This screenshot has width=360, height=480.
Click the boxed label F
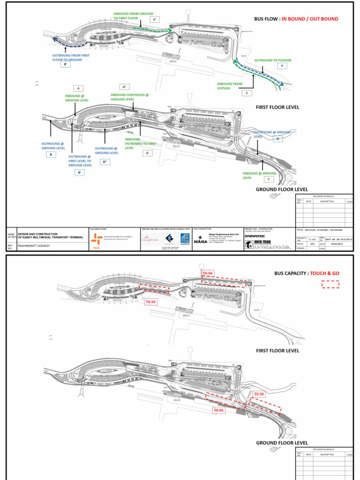click(x=282, y=67)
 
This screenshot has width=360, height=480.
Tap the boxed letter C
click(x=269, y=179)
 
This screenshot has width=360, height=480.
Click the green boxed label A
click(x=78, y=88)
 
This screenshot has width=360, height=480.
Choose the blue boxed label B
click(x=50, y=154)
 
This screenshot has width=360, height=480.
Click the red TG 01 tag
click(x=219, y=410)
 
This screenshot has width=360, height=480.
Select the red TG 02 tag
click(x=259, y=394)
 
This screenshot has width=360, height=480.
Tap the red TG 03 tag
click(x=150, y=302)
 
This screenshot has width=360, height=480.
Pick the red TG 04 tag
click(x=207, y=273)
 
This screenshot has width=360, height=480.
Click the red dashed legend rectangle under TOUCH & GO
click(x=330, y=284)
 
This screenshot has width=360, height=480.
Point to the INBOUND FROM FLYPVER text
click(x=230, y=86)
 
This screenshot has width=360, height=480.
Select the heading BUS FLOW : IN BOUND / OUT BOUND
click(x=296, y=19)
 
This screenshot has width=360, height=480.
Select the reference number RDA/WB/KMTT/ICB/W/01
click(x=35, y=245)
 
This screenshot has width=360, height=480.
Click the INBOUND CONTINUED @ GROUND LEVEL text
click(x=129, y=97)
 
